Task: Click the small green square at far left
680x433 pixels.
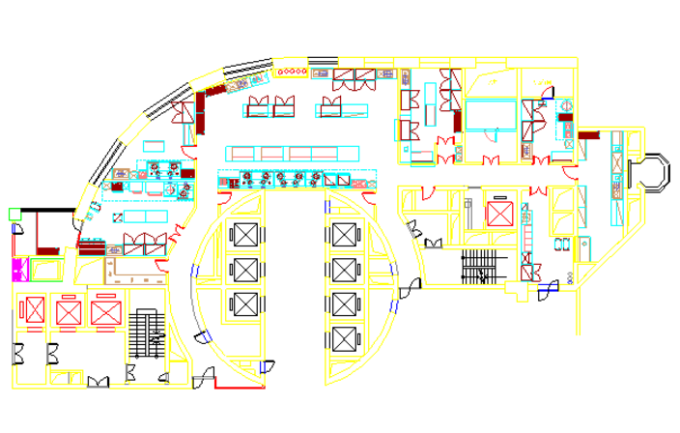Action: [x=14, y=214]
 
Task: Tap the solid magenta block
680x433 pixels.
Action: [x=19, y=270]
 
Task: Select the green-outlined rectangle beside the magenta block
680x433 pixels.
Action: [x=46, y=268]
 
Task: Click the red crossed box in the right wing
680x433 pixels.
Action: [x=499, y=214]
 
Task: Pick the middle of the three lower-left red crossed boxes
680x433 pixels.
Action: [x=69, y=311]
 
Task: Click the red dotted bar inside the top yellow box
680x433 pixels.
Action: [x=290, y=72]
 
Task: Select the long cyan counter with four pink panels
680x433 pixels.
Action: [x=293, y=153]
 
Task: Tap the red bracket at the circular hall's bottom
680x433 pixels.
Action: [x=238, y=386]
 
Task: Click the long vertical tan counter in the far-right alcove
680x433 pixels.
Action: [x=617, y=178]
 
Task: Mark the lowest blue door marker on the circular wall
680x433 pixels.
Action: [x=261, y=367]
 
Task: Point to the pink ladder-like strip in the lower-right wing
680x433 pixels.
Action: [x=526, y=231]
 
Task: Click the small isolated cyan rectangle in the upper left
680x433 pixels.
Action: [x=154, y=146]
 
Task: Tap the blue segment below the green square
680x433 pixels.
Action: [x=14, y=229]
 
